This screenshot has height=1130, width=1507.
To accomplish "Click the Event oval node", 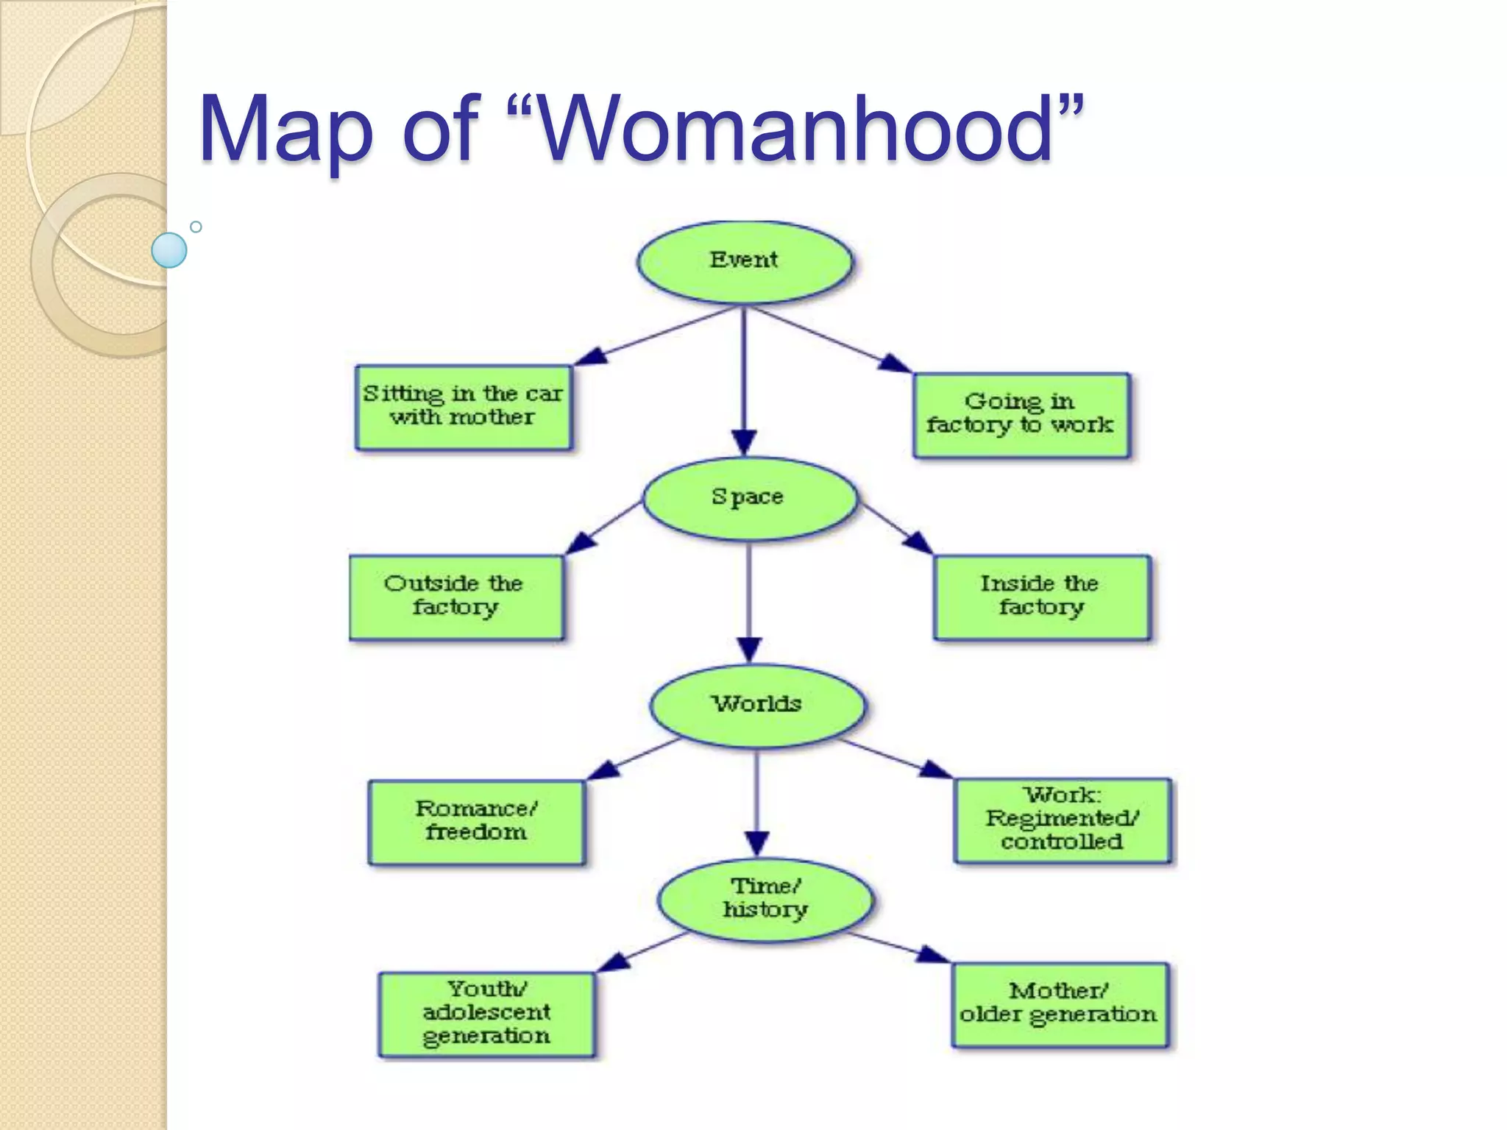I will pos(744,262).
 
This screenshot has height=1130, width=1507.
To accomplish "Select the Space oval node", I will pos(750,499).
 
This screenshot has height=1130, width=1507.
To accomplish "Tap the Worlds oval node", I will pos(757,706).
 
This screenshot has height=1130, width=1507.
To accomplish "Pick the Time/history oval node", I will pos(765,899).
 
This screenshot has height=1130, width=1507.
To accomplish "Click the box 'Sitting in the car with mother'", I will pos(463,407).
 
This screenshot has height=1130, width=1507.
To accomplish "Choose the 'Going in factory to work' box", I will pos(1021,414).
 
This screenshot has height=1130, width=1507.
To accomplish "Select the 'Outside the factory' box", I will pos(456,597).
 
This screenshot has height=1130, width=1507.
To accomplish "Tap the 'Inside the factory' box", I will pos(1040,597).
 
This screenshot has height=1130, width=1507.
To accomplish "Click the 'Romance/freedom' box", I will pos(476,821).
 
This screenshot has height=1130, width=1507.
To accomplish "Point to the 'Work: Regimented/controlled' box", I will pos(1062,820).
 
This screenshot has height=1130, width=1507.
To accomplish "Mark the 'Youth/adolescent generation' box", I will pos(486,1014).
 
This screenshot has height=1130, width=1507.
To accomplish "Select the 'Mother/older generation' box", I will pos(1059,1004).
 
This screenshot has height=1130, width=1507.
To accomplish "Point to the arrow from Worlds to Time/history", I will pos(757,802).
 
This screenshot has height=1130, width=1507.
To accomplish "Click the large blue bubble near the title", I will pos(169,250).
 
